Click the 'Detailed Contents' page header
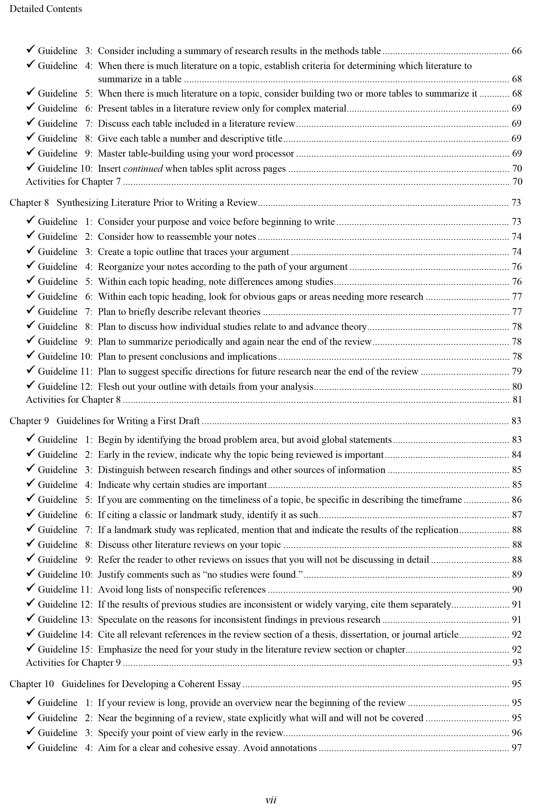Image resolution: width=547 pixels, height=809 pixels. click(46, 9)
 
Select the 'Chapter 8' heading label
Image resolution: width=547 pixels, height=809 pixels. click(29, 203)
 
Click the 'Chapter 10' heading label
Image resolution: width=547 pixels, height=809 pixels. click(32, 684)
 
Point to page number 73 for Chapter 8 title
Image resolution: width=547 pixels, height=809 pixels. click(516, 203)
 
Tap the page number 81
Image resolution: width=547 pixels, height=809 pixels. click(517, 400)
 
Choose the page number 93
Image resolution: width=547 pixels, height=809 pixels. click(517, 662)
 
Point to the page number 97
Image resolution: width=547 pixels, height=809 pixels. click(516, 748)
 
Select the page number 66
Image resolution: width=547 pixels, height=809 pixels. click(516, 51)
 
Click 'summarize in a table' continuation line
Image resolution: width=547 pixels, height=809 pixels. click(139, 79)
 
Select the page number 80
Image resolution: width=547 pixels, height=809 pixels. click(517, 387)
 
